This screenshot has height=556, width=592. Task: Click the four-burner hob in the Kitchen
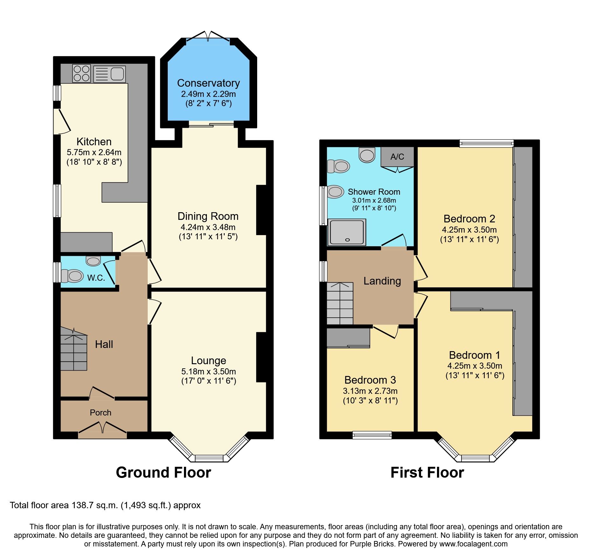tap(81, 73)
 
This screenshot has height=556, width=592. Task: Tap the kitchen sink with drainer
tap(109, 74)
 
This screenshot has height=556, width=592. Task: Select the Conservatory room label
tap(208, 83)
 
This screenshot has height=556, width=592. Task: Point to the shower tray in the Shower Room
tap(347, 232)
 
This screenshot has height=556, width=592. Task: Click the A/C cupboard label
tap(397, 157)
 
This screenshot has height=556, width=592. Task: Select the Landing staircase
tap(340, 303)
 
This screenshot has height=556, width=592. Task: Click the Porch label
tap(101, 413)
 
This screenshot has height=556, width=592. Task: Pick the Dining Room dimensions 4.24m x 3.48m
tap(208, 227)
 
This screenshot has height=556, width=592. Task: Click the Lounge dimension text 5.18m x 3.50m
tap(208, 372)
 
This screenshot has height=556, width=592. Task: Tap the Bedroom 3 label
tap(370, 380)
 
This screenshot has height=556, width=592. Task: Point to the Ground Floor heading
tap(163, 472)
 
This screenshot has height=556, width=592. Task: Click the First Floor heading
tap(427, 472)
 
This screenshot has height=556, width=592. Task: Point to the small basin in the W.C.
tap(93, 261)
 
